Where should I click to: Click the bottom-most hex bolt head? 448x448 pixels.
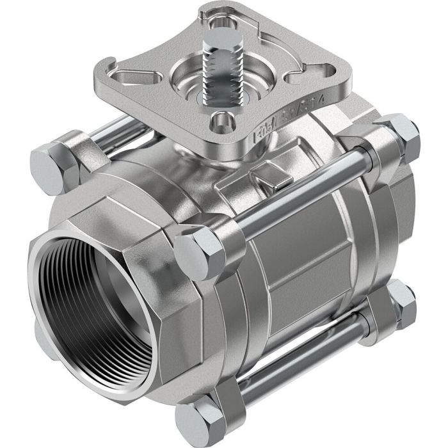(196, 420)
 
